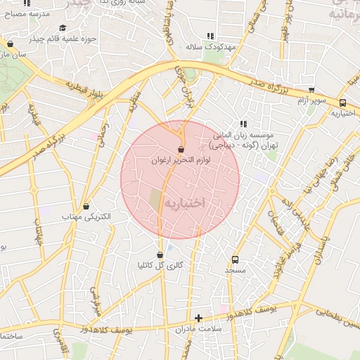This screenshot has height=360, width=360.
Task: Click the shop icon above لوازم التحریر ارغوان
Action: pyautogui.click(x=181, y=150)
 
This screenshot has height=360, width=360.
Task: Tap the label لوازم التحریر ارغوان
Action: pyautogui.click(x=181, y=160)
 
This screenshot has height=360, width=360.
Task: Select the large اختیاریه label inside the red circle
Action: pyautogui.click(x=185, y=202)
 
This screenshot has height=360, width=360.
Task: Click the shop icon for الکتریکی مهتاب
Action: pyautogui.click(x=86, y=207)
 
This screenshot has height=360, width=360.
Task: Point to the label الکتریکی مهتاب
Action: pyautogui.click(x=88, y=217)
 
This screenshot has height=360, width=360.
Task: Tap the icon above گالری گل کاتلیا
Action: pyautogui.click(x=160, y=255)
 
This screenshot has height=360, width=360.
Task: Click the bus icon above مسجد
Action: pyautogui.click(x=235, y=259)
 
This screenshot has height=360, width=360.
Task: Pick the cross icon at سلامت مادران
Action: pyautogui.click(x=198, y=318)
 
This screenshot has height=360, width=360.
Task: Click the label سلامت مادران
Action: pyautogui.click(x=199, y=328)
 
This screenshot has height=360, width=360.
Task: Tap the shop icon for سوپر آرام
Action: pyautogui.click(x=311, y=90)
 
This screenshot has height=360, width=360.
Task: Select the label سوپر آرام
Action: pyautogui.click(x=311, y=101)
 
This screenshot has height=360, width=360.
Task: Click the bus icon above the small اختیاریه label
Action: pyautogui.click(x=342, y=103)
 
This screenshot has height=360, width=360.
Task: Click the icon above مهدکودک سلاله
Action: pyautogui.click(x=210, y=36)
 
